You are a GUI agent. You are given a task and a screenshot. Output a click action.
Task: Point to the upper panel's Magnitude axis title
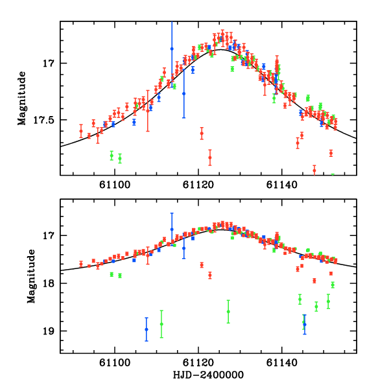tap(22, 99)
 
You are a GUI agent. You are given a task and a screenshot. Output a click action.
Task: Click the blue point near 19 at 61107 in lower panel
tap(147, 329)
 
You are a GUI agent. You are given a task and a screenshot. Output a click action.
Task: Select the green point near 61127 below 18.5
tap(228, 311)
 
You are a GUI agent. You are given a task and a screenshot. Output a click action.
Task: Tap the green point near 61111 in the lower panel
tap(161, 324)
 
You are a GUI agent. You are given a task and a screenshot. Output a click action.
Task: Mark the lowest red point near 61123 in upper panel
tap(210, 158)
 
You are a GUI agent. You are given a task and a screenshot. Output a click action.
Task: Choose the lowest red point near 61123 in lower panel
tap(210, 275)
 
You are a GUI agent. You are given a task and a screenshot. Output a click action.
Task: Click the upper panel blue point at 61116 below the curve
tap(183, 93)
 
